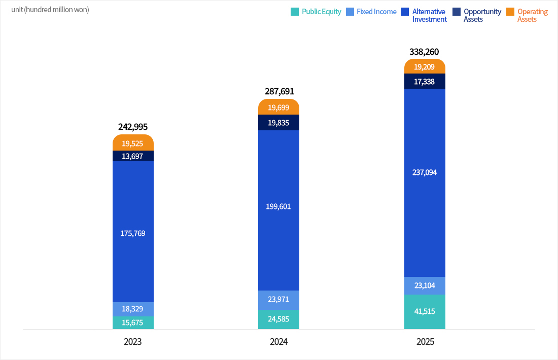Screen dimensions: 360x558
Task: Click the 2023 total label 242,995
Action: click(x=133, y=127)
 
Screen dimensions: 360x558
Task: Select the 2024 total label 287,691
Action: click(x=279, y=91)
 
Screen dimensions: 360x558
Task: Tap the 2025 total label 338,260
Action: click(x=424, y=52)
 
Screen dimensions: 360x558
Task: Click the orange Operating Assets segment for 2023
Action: click(x=133, y=143)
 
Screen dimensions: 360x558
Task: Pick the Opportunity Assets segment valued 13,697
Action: click(x=133, y=156)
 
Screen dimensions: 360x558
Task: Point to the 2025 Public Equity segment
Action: click(x=425, y=311)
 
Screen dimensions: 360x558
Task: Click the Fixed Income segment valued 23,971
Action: click(x=278, y=300)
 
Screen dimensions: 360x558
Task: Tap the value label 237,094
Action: click(x=425, y=172)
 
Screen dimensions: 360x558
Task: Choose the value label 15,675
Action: click(x=132, y=322)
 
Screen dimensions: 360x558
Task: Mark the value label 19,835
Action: click(x=278, y=122)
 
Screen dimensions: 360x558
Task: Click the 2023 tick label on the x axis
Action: click(x=133, y=342)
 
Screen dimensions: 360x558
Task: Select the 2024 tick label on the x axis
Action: click(x=279, y=342)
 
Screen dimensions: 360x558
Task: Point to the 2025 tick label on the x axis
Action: click(x=425, y=342)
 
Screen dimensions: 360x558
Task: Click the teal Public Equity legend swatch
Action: click(x=295, y=12)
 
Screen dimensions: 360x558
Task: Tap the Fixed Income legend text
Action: click(x=376, y=12)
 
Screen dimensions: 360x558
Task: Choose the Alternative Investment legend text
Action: click(x=430, y=15)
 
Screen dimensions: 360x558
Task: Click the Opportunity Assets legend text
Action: click(x=482, y=15)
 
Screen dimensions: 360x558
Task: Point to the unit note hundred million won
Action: click(x=50, y=10)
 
